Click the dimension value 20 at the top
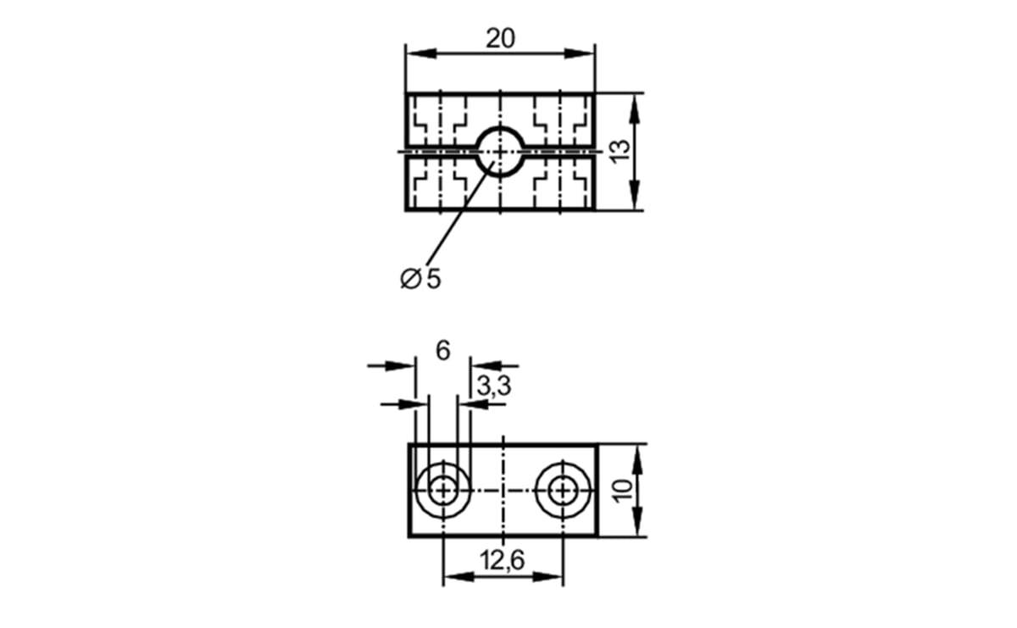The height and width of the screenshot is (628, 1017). (500, 38)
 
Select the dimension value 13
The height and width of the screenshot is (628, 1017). (620, 152)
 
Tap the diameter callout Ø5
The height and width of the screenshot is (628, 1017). (420, 278)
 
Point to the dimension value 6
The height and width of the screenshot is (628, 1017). (442, 351)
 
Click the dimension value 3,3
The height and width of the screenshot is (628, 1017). (494, 386)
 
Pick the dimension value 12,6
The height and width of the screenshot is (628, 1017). (502, 560)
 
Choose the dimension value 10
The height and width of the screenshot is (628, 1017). (622, 491)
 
